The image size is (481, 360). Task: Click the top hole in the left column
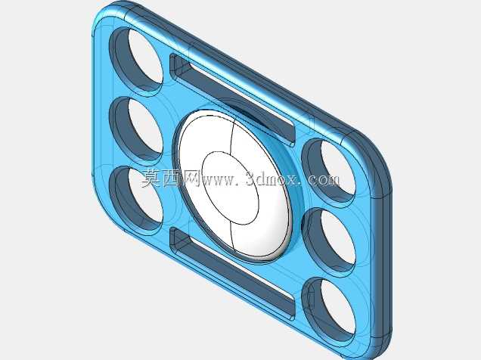(x=136, y=60)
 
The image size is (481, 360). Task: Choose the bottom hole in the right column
(x=329, y=311)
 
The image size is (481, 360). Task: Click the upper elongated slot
(x=232, y=100)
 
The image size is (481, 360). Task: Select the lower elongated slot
(x=232, y=274)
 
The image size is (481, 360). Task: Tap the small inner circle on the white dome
(x=230, y=188)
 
